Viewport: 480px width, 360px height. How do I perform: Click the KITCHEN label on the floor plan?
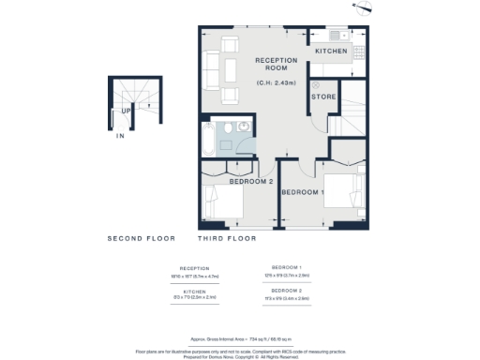pyautogui.click(x=331, y=51)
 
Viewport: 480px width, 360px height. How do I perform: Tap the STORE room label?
pyautogui.click(x=323, y=96)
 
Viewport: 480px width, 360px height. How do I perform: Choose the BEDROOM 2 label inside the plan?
pyautogui.click(x=250, y=182)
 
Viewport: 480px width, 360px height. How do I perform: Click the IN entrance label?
pyautogui.click(x=119, y=137)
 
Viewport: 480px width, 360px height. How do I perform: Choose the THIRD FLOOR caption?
pyautogui.click(x=227, y=238)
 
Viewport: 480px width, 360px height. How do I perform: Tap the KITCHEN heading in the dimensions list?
pyautogui.click(x=194, y=292)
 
